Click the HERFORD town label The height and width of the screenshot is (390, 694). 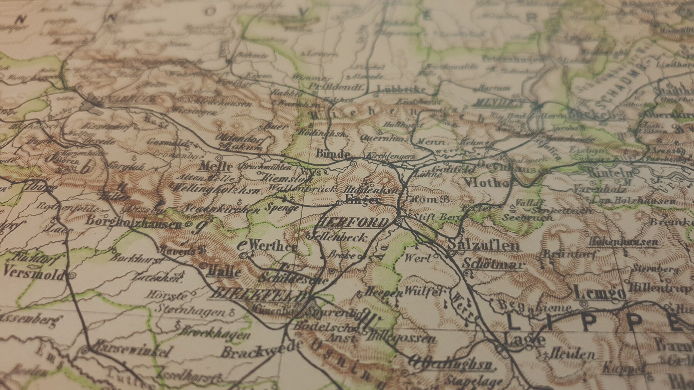tap(353, 223)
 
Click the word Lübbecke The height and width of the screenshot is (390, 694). tap(401, 89)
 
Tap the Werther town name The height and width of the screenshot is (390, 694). tap(273, 246)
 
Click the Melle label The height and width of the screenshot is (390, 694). tap(216, 167)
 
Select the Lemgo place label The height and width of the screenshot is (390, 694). tap(599, 292)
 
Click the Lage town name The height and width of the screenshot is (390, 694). tap(524, 340)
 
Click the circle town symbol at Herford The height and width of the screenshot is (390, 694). tap(398, 221)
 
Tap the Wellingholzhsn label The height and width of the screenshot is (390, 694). tap(217, 189)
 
